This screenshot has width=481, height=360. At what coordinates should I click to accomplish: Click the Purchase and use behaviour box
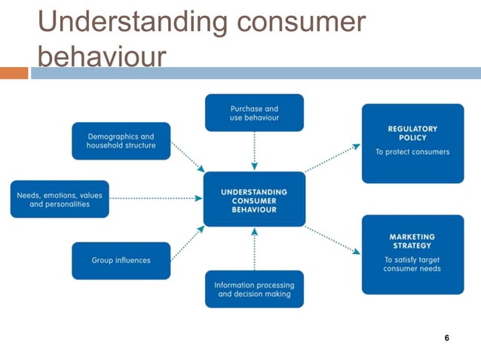(254, 113)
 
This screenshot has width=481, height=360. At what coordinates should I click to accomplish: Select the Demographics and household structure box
(121, 141)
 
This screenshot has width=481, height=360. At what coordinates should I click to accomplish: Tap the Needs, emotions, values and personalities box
(60, 200)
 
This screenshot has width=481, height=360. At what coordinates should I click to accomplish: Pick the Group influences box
(121, 261)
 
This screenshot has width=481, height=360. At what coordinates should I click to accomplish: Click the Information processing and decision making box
(254, 289)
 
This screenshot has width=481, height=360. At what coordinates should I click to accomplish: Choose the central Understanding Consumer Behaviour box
(254, 200)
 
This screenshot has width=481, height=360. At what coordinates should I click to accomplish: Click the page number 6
(447, 338)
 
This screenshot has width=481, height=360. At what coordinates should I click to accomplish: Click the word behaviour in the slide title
(101, 58)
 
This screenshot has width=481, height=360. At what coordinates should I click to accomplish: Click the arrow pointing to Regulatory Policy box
(332, 157)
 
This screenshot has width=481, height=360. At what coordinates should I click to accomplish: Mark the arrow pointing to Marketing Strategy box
(332, 239)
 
